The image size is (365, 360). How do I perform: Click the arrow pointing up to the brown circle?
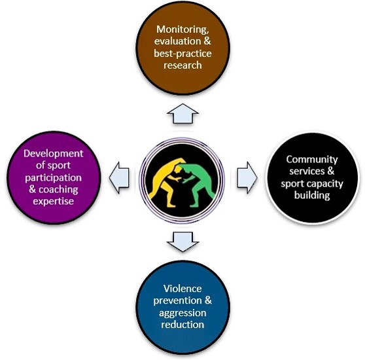[182, 114]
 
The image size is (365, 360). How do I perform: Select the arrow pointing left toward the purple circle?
[119, 177]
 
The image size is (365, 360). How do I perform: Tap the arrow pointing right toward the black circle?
[247, 177]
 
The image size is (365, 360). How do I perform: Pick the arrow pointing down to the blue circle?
[182, 242]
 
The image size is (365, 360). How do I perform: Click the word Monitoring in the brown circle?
[182, 30]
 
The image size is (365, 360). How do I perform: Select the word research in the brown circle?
[182, 65]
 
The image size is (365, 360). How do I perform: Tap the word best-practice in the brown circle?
[182, 54]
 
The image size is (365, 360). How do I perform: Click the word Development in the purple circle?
[53, 154]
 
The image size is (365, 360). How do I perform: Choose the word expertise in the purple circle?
[53, 201]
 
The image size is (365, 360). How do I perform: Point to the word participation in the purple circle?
[53, 178]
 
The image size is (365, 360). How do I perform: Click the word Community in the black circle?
[312, 160]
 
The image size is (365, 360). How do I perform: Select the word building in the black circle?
[312, 195]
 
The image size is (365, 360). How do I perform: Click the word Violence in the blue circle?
[182, 289]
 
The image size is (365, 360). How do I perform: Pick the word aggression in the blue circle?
[182, 313]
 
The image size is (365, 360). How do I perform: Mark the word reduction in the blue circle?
[182, 325]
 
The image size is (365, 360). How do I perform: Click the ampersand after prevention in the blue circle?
[209, 300]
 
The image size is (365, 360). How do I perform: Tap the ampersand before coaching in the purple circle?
[32, 189]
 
